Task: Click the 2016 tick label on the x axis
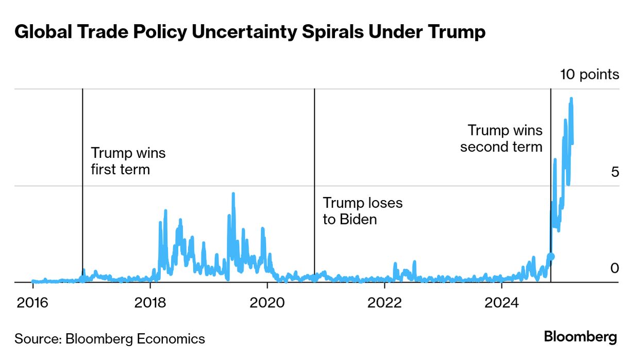tap(32, 302)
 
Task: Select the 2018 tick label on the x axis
tap(150, 302)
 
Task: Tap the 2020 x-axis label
tap(267, 302)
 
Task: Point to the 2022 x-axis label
tap(384, 302)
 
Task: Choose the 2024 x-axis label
tap(501, 302)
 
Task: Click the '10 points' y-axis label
tap(590, 74)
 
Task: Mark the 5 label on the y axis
tap(614, 172)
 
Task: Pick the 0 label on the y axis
tap(614, 268)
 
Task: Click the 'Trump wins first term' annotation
tap(128, 161)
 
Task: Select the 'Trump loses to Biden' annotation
tap(362, 211)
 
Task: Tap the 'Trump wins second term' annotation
tap(501, 139)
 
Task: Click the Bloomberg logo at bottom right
tap(580, 337)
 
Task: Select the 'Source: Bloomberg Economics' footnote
tap(110, 339)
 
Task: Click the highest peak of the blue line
tap(571, 99)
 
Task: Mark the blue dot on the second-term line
tap(551, 256)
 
